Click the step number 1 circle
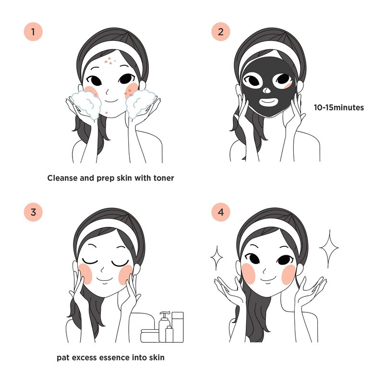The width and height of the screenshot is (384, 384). (x=33, y=32)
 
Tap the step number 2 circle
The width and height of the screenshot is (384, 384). (x=221, y=32)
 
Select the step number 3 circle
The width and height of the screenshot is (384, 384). (x=33, y=212)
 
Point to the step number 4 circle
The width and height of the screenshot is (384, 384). (x=221, y=212)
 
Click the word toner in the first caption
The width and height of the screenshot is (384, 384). (x=164, y=178)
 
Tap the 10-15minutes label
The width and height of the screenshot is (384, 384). (x=339, y=108)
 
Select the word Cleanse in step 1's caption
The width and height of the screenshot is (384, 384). (x=62, y=178)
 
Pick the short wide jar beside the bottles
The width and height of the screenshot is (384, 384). (x=150, y=336)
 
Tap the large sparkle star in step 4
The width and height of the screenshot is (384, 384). (x=329, y=248)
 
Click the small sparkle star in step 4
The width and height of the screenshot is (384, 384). (x=217, y=257)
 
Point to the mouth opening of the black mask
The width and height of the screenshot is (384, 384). (x=268, y=101)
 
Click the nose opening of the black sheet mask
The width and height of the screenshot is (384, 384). (x=267, y=90)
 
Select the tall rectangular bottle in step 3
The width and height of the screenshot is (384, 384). (x=178, y=327)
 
